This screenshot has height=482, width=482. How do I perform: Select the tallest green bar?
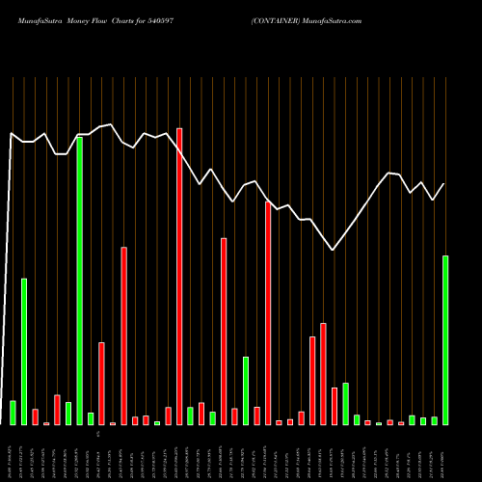click(x=79, y=281)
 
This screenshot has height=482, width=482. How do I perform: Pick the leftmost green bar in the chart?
click(x=13, y=413)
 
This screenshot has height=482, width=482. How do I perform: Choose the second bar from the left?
click(x=24, y=351)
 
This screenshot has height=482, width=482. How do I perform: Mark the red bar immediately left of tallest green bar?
click(x=57, y=410)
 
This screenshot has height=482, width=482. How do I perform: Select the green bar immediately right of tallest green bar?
click(x=91, y=418)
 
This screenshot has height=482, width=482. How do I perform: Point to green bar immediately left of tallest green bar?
click(x=68, y=413)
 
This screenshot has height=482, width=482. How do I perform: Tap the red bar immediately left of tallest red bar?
click(x=168, y=415)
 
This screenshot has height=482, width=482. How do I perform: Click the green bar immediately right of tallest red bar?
click(x=190, y=415)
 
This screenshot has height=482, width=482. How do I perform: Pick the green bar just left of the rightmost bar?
click(x=434, y=420)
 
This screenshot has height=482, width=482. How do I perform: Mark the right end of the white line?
click(x=444, y=184)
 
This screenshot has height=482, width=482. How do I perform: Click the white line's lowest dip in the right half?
click(x=334, y=251)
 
